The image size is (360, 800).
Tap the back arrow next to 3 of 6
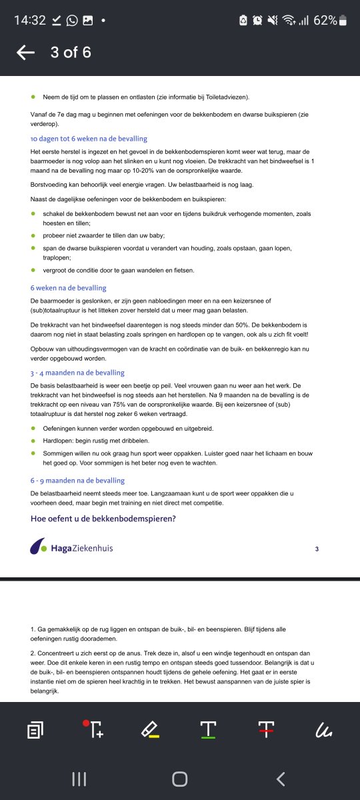pos(25,53)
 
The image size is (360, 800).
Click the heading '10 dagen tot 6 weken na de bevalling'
pos(89,139)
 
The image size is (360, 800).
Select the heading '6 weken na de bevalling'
pos(68,288)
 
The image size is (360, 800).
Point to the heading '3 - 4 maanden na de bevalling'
pos(77,373)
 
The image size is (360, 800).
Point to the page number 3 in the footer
pos(317,549)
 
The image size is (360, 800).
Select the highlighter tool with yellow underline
pos(150,731)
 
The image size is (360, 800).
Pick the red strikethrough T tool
pos(267,731)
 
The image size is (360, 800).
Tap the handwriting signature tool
pos(323,731)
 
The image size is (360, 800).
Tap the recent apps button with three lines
pos(79,779)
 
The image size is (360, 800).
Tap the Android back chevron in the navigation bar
pos(281,779)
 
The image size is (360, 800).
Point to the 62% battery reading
pos(325,20)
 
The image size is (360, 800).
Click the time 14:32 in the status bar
pos(30,20)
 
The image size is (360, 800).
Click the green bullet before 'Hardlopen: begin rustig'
pos(34,441)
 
